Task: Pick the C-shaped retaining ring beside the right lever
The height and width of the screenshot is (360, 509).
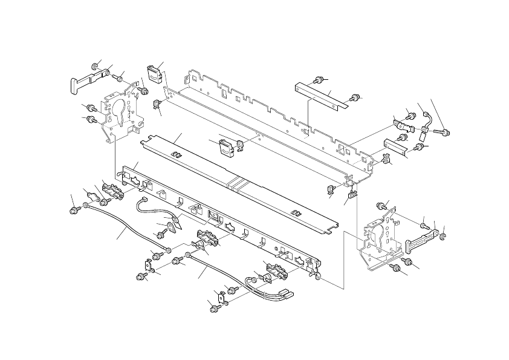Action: (x=442, y=235)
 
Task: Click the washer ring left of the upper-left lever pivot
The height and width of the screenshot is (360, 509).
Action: (x=96, y=65)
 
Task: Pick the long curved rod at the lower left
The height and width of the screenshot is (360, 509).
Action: (x=124, y=231)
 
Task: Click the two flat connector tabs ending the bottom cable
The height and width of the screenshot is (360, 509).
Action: (x=285, y=293)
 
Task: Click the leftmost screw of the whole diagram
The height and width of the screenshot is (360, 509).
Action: (x=74, y=210)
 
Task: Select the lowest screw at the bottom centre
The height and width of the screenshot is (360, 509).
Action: (x=213, y=309)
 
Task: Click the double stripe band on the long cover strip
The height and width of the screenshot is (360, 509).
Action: (x=238, y=182)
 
